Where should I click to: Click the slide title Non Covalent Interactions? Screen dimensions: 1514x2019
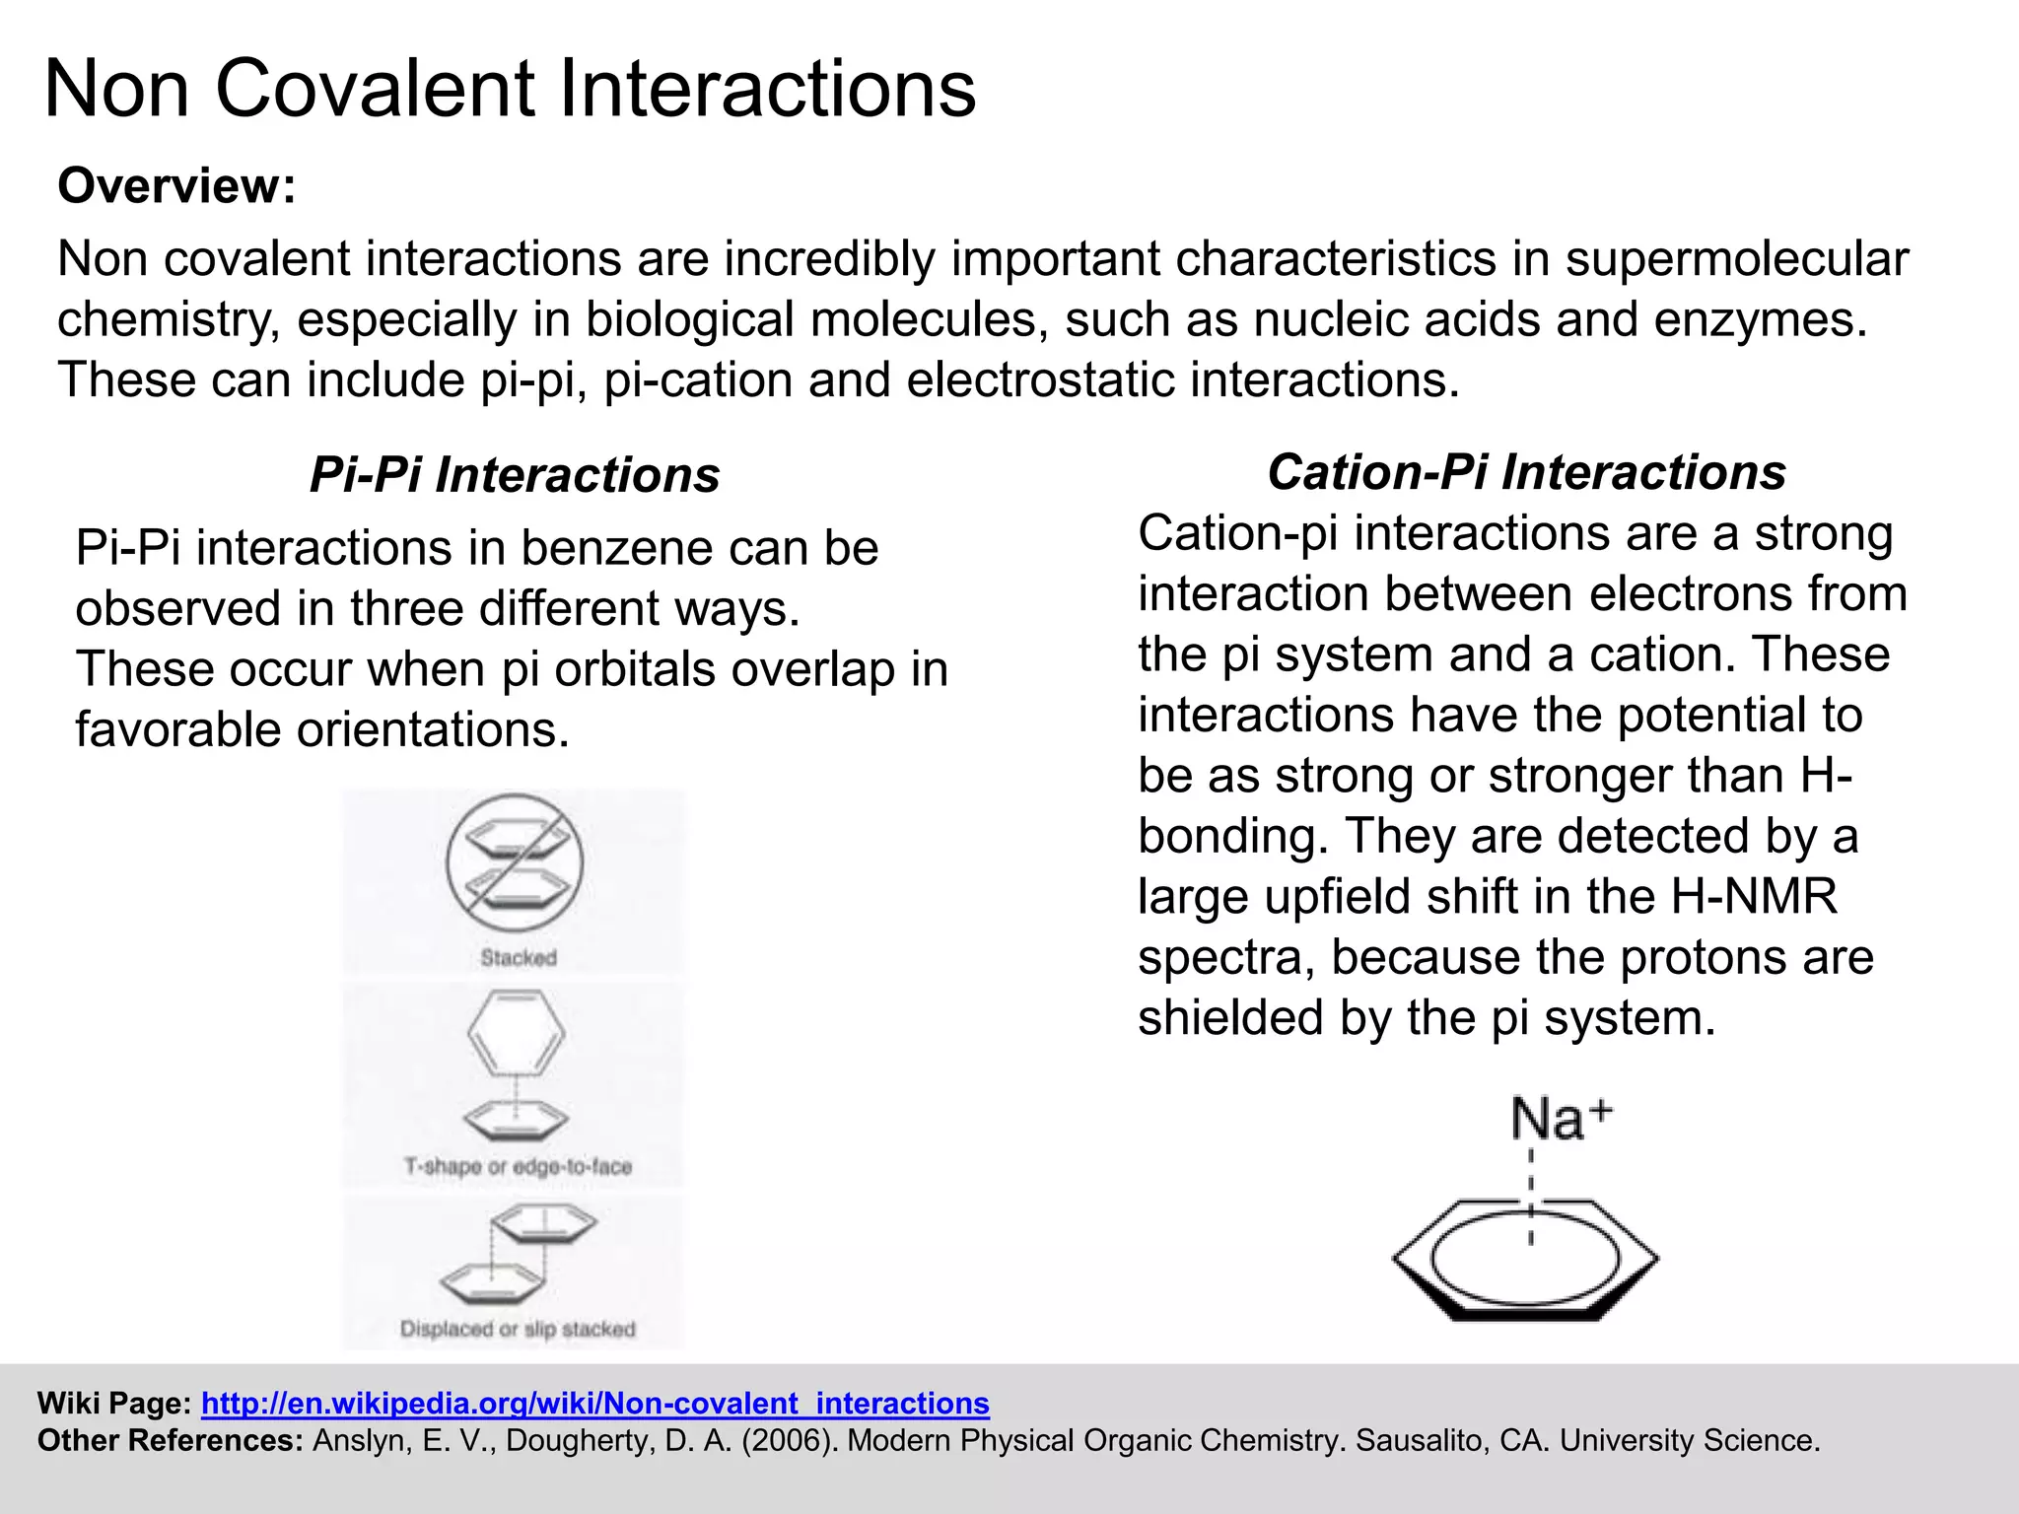(510, 89)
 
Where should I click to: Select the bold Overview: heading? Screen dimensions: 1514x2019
(176, 185)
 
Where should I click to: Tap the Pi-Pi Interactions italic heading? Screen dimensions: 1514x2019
(514, 474)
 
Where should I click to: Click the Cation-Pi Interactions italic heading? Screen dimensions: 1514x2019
(1526, 471)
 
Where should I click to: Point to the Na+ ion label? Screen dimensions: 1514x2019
(1560, 1120)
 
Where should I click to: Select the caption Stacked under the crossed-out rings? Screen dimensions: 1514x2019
(519, 957)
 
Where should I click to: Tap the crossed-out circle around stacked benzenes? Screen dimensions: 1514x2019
(514, 862)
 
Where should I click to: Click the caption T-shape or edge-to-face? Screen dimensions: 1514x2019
(518, 1166)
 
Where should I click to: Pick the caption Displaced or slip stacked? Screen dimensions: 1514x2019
(518, 1329)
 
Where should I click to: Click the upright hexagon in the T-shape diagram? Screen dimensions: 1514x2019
(516, 1033)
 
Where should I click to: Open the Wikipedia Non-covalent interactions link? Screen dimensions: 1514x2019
(594, 1403)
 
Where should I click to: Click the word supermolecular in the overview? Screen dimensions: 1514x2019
(1736, 258)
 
